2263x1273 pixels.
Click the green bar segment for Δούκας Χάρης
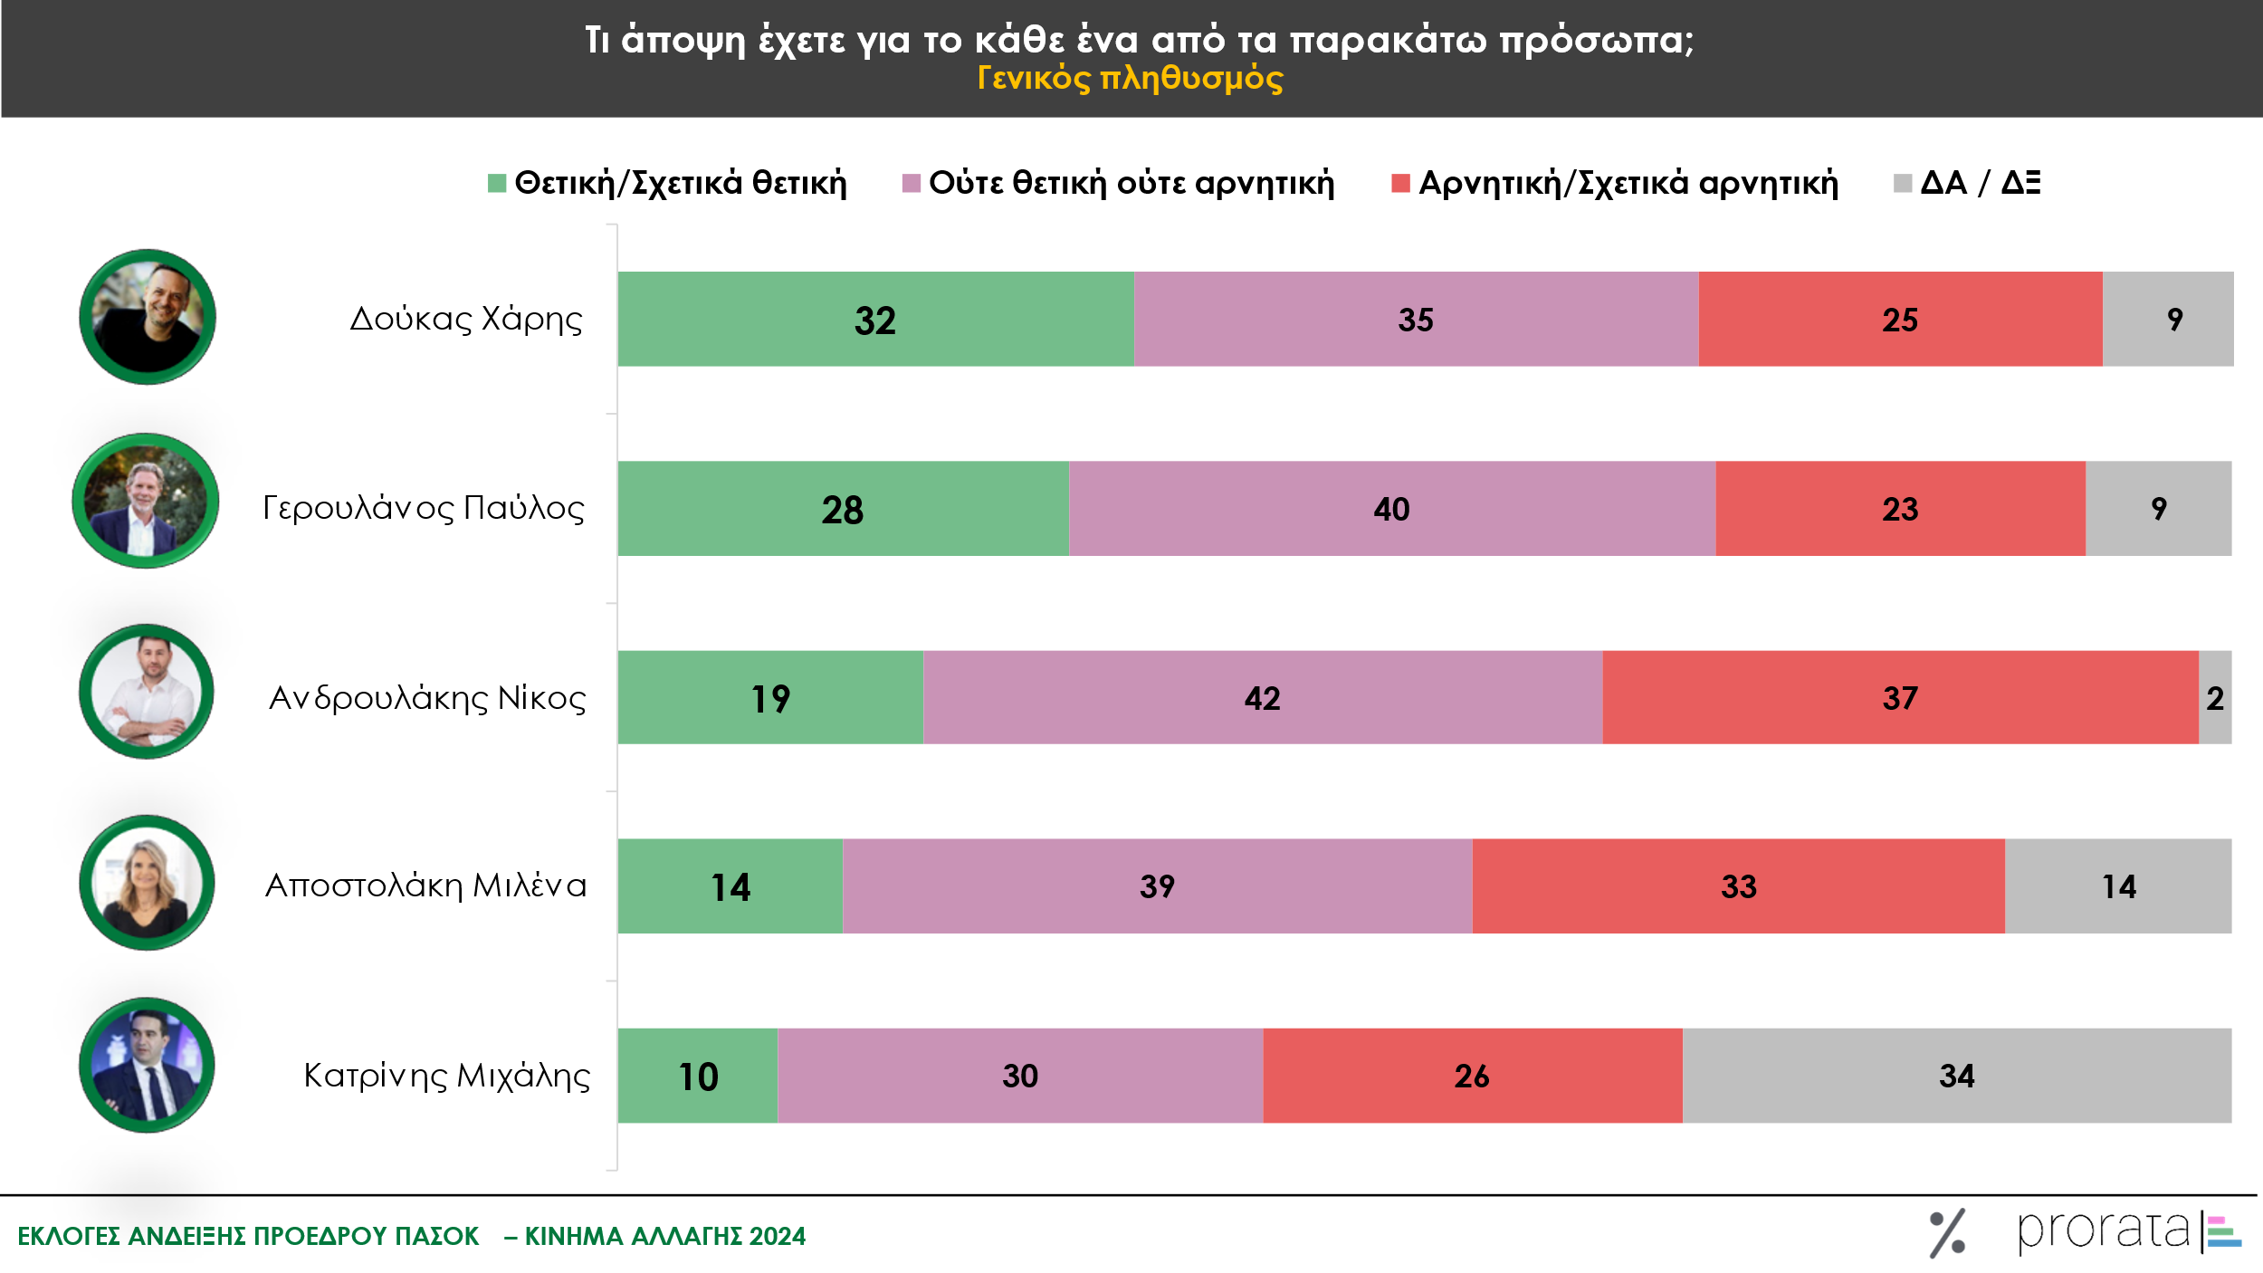875,319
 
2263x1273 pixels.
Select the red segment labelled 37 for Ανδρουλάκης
1900,697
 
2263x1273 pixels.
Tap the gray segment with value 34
1956,1076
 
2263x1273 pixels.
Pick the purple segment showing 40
1391,508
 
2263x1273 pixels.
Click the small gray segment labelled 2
2214,697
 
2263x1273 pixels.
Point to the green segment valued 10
698,1076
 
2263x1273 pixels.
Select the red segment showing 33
1738,885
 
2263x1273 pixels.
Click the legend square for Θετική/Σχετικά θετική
496,183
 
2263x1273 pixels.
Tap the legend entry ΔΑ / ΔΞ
1979,183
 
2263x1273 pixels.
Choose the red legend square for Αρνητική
1399,183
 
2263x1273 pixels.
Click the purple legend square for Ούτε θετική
911,183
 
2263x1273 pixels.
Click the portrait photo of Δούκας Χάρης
148,317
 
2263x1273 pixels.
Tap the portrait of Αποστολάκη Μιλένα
148,882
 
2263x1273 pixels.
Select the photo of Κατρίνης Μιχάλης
148,1066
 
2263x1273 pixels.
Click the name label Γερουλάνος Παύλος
424,508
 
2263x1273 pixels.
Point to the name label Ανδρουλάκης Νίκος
427,697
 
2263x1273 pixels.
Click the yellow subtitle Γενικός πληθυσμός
1130,78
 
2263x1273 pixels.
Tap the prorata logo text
2102,1230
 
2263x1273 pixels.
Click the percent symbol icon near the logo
1947,1233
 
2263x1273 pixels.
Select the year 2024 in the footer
777,1236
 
